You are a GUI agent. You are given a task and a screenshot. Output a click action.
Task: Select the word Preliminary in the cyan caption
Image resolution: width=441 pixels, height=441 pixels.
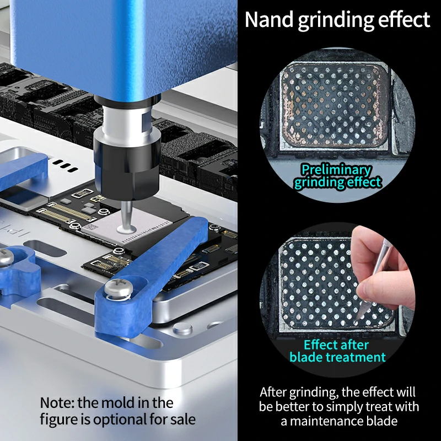tap(336, 169)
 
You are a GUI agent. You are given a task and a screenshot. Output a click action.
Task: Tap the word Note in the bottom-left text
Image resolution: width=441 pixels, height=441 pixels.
tap(57, 402)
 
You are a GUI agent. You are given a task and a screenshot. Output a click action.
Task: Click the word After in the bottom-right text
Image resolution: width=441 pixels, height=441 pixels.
tap(276, 392)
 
